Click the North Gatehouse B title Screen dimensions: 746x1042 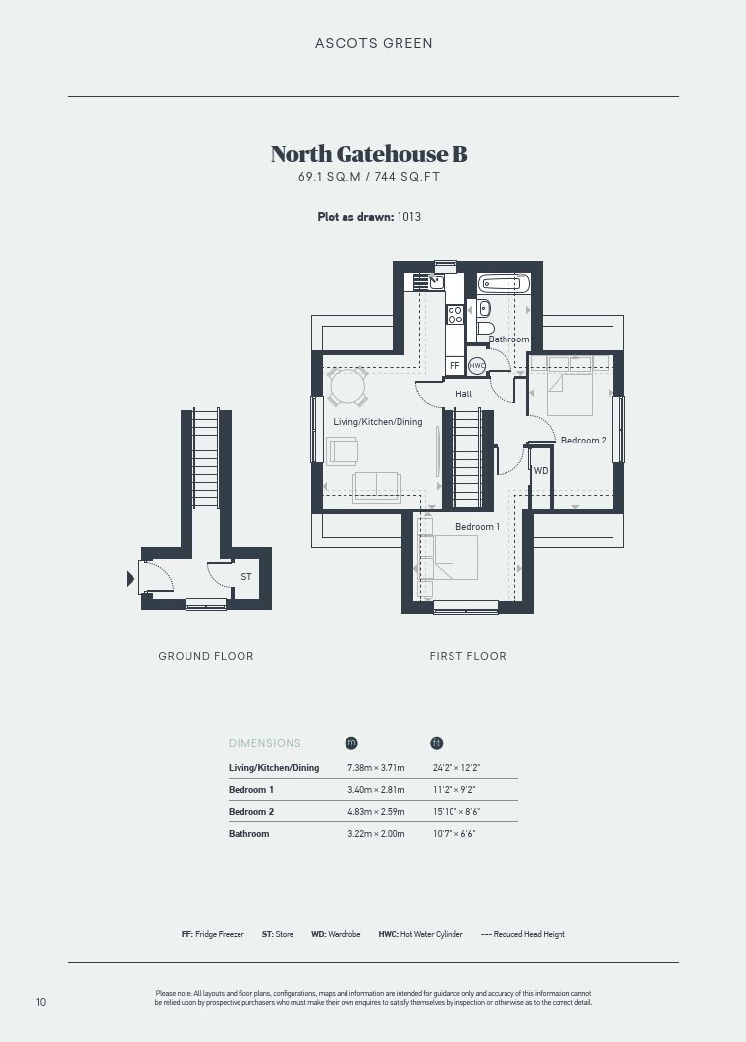(x=369, y=153)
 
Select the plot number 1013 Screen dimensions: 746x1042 (x=409, y=217)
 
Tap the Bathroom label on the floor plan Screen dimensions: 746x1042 (x=508, y=339)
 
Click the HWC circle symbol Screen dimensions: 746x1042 (x=477, y=366)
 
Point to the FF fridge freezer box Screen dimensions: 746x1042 (x=454, y=366)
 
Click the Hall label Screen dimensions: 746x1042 (x=464, y=394)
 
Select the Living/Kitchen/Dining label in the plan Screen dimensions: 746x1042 (x=378, y=421)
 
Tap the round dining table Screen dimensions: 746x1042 (x=347, y=386)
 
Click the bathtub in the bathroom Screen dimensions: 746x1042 (x=504, y=284)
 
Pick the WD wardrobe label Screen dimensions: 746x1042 (x=541, y=471)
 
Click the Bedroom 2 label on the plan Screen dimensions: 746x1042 (x=584, y=440)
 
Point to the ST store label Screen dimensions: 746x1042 (x=246, y=576)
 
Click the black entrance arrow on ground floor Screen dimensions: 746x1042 (x=131, y=579)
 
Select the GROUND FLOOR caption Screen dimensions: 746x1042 (x=206, y=656)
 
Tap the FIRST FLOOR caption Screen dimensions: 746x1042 (x=468, y=656)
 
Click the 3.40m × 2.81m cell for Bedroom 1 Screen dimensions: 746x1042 (x=376, y=790)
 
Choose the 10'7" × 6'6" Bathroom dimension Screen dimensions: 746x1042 (x=454, y=833)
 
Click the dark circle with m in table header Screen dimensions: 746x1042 (x=351, y=743)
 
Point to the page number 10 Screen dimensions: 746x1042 (x=41, y=1002)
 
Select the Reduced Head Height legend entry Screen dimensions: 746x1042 (x=523, y=934)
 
